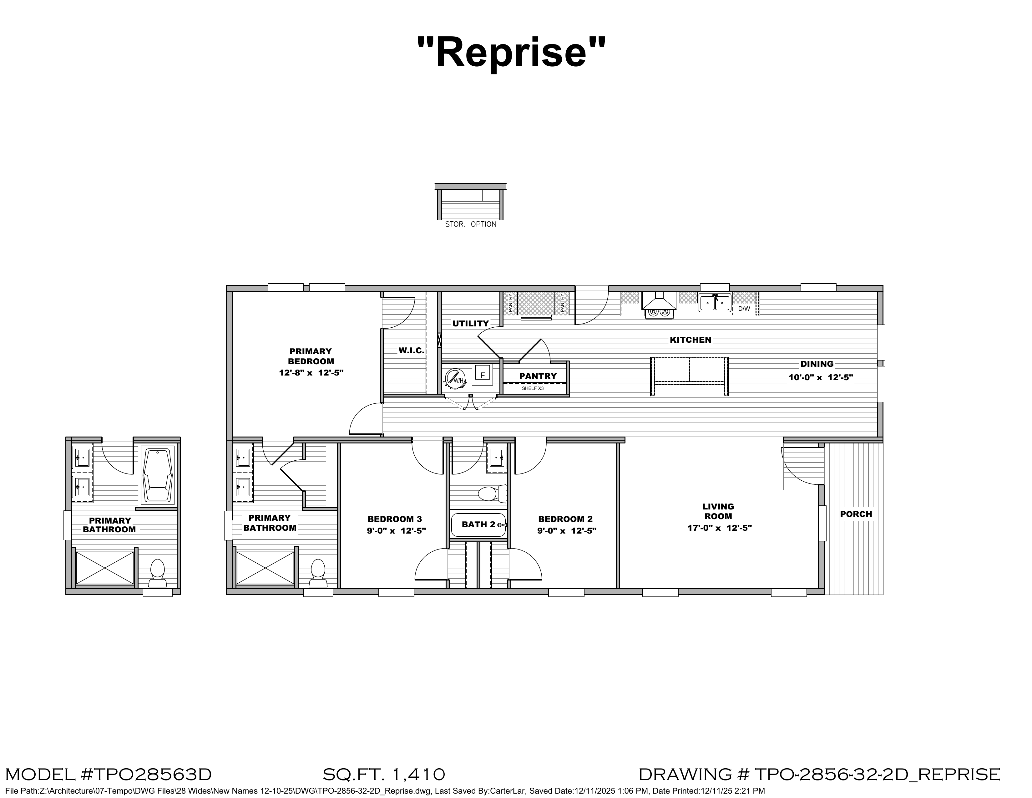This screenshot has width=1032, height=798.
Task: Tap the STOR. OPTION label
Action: pyautogui.click(x=471, y=224)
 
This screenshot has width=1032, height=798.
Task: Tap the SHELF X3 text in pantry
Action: pyautogui.click(x=533, y=388)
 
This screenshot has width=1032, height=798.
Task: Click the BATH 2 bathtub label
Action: pyautogui.click(x=478, y=524)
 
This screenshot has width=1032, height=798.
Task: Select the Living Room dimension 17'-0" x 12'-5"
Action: pyautogui.click(x=719, y=528)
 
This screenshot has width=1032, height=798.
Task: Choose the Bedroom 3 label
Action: pyautogui.click(x=395, y=519)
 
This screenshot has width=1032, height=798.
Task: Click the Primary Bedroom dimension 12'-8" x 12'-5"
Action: pyautogui.click(x=311, y=372)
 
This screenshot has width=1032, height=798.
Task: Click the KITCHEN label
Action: pyautogui.click(x=691, y=340)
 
